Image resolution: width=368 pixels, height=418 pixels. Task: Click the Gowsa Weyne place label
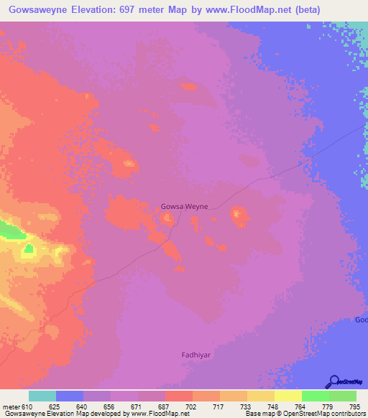click(185, 206)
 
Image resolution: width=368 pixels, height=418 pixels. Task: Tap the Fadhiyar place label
click(194, 354)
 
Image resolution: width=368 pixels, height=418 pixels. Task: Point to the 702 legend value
click(192, 406)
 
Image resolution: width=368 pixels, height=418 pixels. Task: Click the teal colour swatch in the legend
click(42, 396)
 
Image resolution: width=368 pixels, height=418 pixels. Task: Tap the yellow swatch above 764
click(287, 396)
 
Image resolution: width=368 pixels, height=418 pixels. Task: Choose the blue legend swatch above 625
click(70, 396)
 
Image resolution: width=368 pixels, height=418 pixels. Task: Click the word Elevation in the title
click(114, 9)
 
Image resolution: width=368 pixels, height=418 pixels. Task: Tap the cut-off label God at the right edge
click(362, 320)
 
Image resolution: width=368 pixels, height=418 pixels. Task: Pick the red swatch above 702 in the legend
click(179, 396)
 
